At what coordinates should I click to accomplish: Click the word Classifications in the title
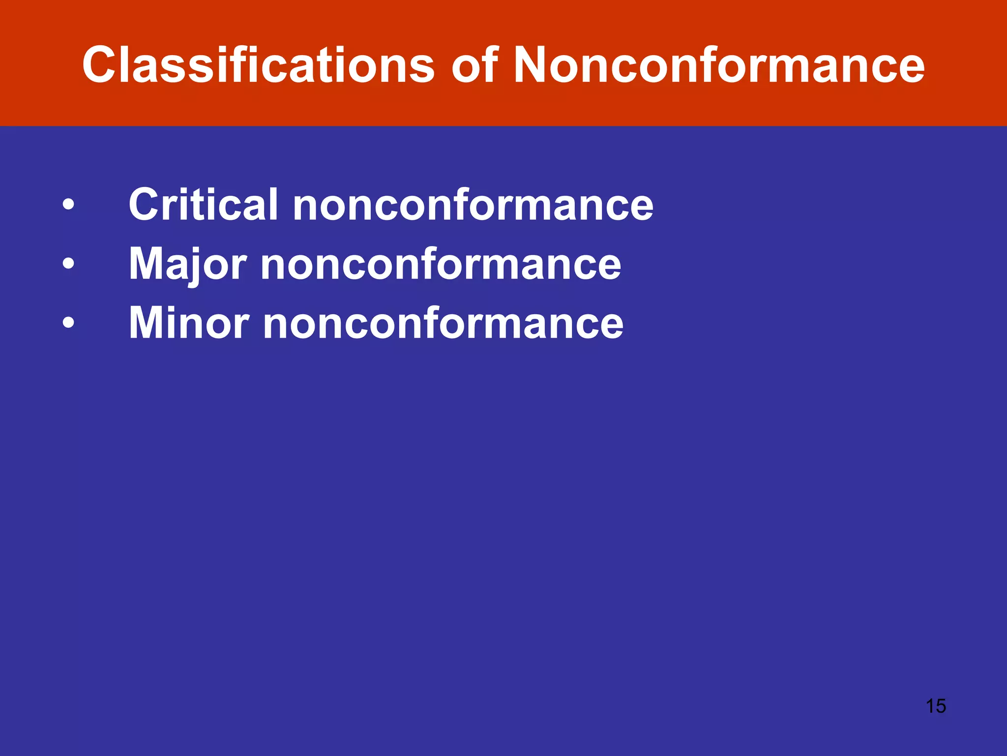pyautogui.click(x=258, y=65)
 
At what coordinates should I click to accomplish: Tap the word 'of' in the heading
pyautogui.click(x=474, y=65)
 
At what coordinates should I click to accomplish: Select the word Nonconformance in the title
pyautogui.click(x=718, y=65)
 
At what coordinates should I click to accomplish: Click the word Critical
pyautogui.click(x=203, y=204)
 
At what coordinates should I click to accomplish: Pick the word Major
pyautogui.click(x=187, y=264)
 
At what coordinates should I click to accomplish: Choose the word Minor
pyautogui.click(x=189, y=323)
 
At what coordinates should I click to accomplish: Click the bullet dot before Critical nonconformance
pyautogui.click(x=68, y=204)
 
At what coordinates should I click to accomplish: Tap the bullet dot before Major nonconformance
pyautogui.click(x=68, y=264)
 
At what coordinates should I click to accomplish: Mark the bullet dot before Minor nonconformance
pyautogui.click(x=68, y=323)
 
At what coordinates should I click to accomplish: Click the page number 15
pyautogui.click(x=936, y=706)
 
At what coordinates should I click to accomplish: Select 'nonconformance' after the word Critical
pyautogui.click(x=473, y=205)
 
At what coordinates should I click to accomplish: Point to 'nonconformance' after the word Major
pyautogui.click(x=441, y=265)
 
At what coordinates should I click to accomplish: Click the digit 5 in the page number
pyautogui.click(x=941, y=706)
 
